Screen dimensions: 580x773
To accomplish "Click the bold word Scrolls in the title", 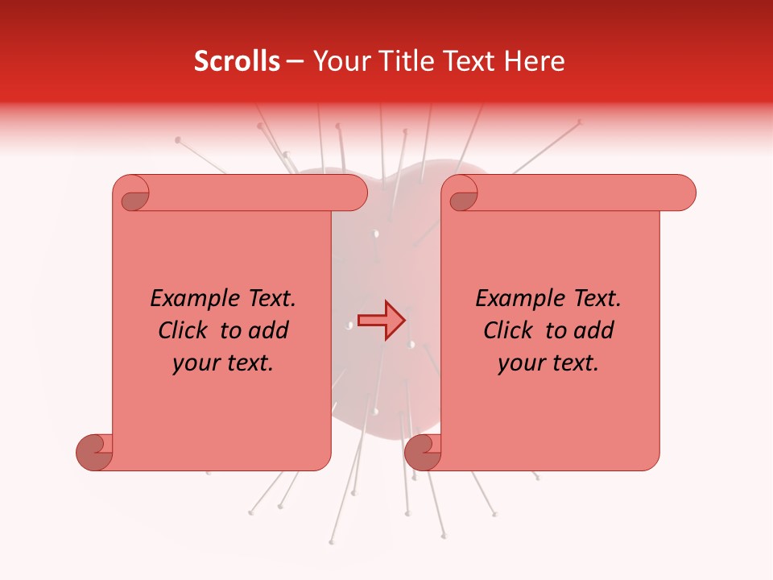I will [x=237, y=61].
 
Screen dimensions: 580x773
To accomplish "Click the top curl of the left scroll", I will [x=131, y=194].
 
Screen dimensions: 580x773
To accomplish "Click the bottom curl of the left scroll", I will [x=95, y=451].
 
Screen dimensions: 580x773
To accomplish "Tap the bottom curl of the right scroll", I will [x=424, y=451].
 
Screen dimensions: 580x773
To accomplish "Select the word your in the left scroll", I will [x=194, y=363].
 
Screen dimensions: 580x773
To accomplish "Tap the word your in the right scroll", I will [x=519, y=363].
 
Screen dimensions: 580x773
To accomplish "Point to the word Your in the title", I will [x=339, y=61].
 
